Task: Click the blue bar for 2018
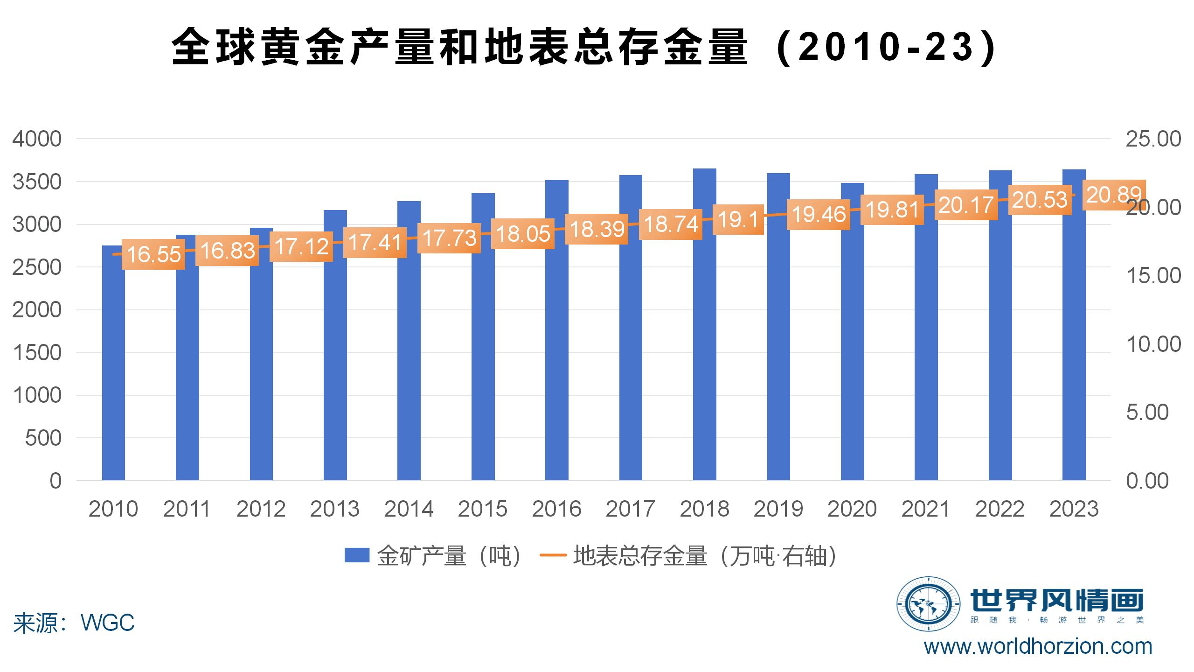click(x=704, y=355)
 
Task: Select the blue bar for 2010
click(x=113, y=373)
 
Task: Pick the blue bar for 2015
click(x=483, y=364)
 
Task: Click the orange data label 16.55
click(x=153, y=254)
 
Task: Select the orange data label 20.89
click(x=1114, y=195)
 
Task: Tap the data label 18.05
click(x=523, y=234)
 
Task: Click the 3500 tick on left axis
click(x=37, y=182)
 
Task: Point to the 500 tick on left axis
click(x=43, y=438)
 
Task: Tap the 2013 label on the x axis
click(x=335, y=509)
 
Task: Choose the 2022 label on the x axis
click(x=1000, y=509)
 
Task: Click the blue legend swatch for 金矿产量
click(x=357, y=555)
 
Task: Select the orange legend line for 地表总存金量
click(x=553, y=555)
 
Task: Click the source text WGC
click(x=108, y=623)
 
